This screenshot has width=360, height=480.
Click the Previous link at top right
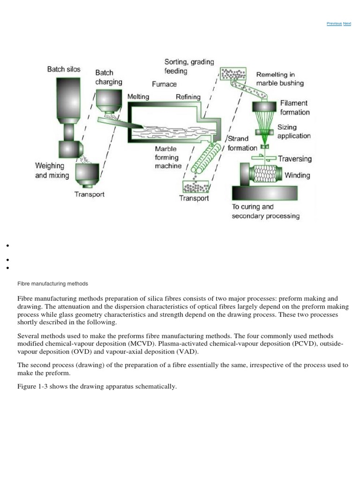coord(334,23)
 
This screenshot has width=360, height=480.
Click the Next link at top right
coord(347,23)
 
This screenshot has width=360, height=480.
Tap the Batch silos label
coord(64,69)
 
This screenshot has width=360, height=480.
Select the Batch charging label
coord(109,77)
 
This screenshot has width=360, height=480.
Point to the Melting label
coord(138,97)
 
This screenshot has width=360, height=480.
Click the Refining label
coord(187,97)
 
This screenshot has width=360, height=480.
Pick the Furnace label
coord(164,84)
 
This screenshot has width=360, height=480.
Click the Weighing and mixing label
coord(52,171)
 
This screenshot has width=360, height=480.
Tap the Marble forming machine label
coord(168,157)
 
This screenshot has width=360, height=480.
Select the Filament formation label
coord(295,107)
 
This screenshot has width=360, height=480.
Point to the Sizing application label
coord(294,131)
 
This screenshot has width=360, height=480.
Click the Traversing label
coord(294,158)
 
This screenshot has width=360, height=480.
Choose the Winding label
coord(297,175)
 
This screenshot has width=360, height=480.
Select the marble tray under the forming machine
coord(196,187)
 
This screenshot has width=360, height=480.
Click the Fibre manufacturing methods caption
coord(52,284)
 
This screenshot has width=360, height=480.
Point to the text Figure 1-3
coord(32,387)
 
